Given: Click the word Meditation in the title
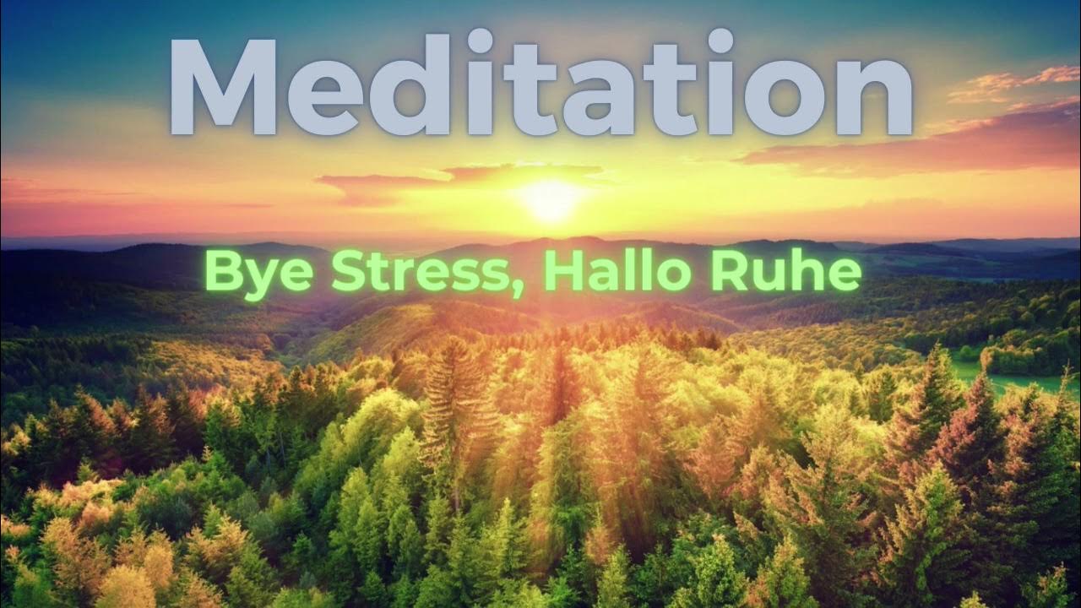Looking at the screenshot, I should tap(540, 84).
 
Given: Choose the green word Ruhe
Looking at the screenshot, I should tap(785, 270).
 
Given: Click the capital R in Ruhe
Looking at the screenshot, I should tap(728, 270).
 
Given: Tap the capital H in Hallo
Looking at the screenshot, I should tap(561, 270).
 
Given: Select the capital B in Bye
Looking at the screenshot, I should tap(222, 270).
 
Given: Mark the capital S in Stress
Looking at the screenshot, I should tap(347, 270).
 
